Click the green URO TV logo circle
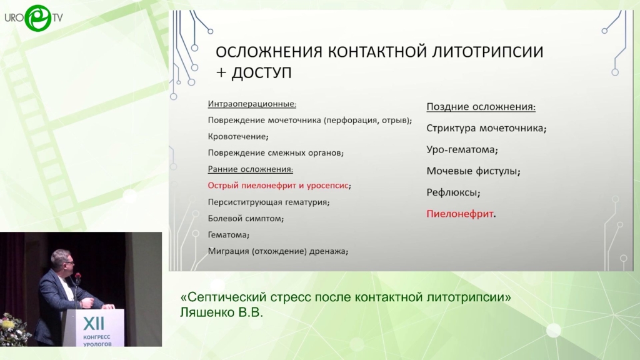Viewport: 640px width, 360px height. pos(38,18)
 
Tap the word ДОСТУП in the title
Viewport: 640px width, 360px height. pos(261,73)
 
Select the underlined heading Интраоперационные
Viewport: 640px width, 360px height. pos(252,104)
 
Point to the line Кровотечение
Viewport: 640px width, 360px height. pos(238,137)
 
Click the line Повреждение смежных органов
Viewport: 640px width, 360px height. pos(276,153)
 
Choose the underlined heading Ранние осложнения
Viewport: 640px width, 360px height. pos(250,169)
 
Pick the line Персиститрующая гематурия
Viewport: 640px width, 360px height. pos(269,202)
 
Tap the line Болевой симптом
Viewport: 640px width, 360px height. pos(246,218)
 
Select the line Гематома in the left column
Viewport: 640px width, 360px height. pos(229,235)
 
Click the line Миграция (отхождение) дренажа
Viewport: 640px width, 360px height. pos(278,251)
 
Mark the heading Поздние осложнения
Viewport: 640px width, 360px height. pos(481,107)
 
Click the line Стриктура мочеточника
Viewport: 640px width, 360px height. pos(486,128)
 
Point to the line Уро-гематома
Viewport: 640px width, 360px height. pos(462,150)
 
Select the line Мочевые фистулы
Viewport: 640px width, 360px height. pos(473,171)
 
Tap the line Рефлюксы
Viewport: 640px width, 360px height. pos(453,192)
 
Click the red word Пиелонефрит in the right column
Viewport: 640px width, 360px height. pos(460,214)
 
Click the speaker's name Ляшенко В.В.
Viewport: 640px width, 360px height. pos(221,312)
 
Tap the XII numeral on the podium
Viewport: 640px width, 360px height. pos(94,324)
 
